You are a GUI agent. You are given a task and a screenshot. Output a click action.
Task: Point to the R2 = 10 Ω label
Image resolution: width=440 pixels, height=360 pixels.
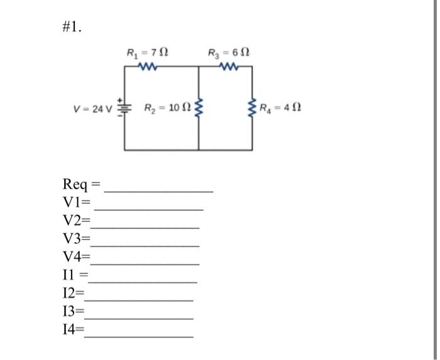coord(165,108)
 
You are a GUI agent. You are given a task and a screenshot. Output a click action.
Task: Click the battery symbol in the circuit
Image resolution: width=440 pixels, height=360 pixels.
coord(124,107)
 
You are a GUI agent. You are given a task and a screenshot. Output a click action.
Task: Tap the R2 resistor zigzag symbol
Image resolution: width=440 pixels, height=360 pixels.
coord(199,108)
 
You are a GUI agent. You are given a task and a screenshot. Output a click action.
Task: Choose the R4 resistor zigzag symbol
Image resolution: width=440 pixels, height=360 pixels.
coord(253,107)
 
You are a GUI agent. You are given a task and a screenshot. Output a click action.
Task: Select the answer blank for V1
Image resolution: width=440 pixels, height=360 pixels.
coord(149,207)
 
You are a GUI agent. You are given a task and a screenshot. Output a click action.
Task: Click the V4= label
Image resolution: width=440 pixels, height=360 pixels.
coord(77,256)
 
